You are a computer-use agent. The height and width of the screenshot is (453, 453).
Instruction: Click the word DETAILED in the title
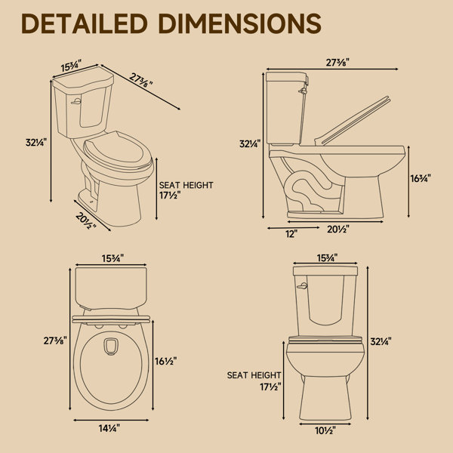tap(85, 23)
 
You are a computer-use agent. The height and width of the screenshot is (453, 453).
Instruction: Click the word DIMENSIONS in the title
tap(240, 23)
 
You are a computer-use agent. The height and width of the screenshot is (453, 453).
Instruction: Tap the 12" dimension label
tap(291, 234)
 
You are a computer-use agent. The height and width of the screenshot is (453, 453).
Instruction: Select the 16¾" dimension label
tap(421, 178)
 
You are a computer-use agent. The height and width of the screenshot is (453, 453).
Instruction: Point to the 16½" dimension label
tap(165, 361)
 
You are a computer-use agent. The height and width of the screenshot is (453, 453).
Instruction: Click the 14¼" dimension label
tap(109, 428)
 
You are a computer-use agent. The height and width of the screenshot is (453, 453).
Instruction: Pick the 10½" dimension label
tap(325, 430)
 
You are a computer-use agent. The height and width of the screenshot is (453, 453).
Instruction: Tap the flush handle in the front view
tap(302, 286)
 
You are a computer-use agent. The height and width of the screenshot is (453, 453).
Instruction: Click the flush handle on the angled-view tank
tap(76, 101)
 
